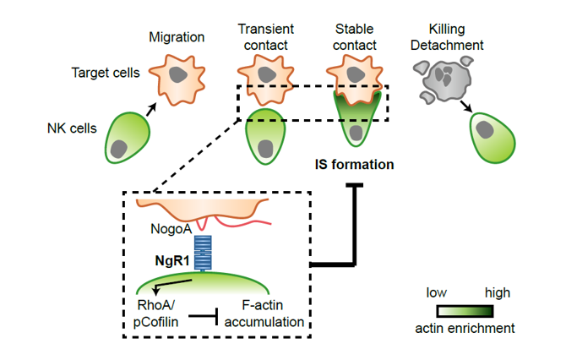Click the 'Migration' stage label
tap(177, 38)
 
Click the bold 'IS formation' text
tap(352, 165)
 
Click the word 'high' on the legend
tap(498, 292)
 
